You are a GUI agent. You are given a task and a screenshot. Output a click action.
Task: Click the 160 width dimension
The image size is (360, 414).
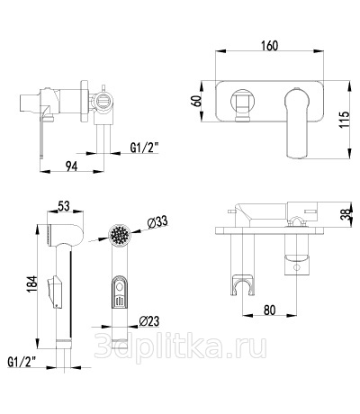click(269, 45)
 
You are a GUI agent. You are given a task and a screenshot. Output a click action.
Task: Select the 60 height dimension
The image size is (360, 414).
click(197, 102)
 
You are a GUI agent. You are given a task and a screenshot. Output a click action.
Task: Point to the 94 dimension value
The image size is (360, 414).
click(72, 166)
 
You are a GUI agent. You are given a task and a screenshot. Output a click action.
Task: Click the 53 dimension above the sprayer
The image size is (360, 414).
click(64, 206)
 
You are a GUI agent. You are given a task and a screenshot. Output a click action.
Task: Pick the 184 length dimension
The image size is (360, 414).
click(32, 283)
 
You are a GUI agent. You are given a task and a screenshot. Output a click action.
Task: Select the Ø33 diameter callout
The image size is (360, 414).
click(157, 222)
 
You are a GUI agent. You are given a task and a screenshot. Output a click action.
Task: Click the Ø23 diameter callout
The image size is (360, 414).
click(149, 321)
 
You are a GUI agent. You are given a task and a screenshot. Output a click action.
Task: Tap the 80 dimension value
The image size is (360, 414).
click(269, 310)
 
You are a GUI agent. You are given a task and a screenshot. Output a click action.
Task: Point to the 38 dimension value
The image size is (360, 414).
click(346, 214)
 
